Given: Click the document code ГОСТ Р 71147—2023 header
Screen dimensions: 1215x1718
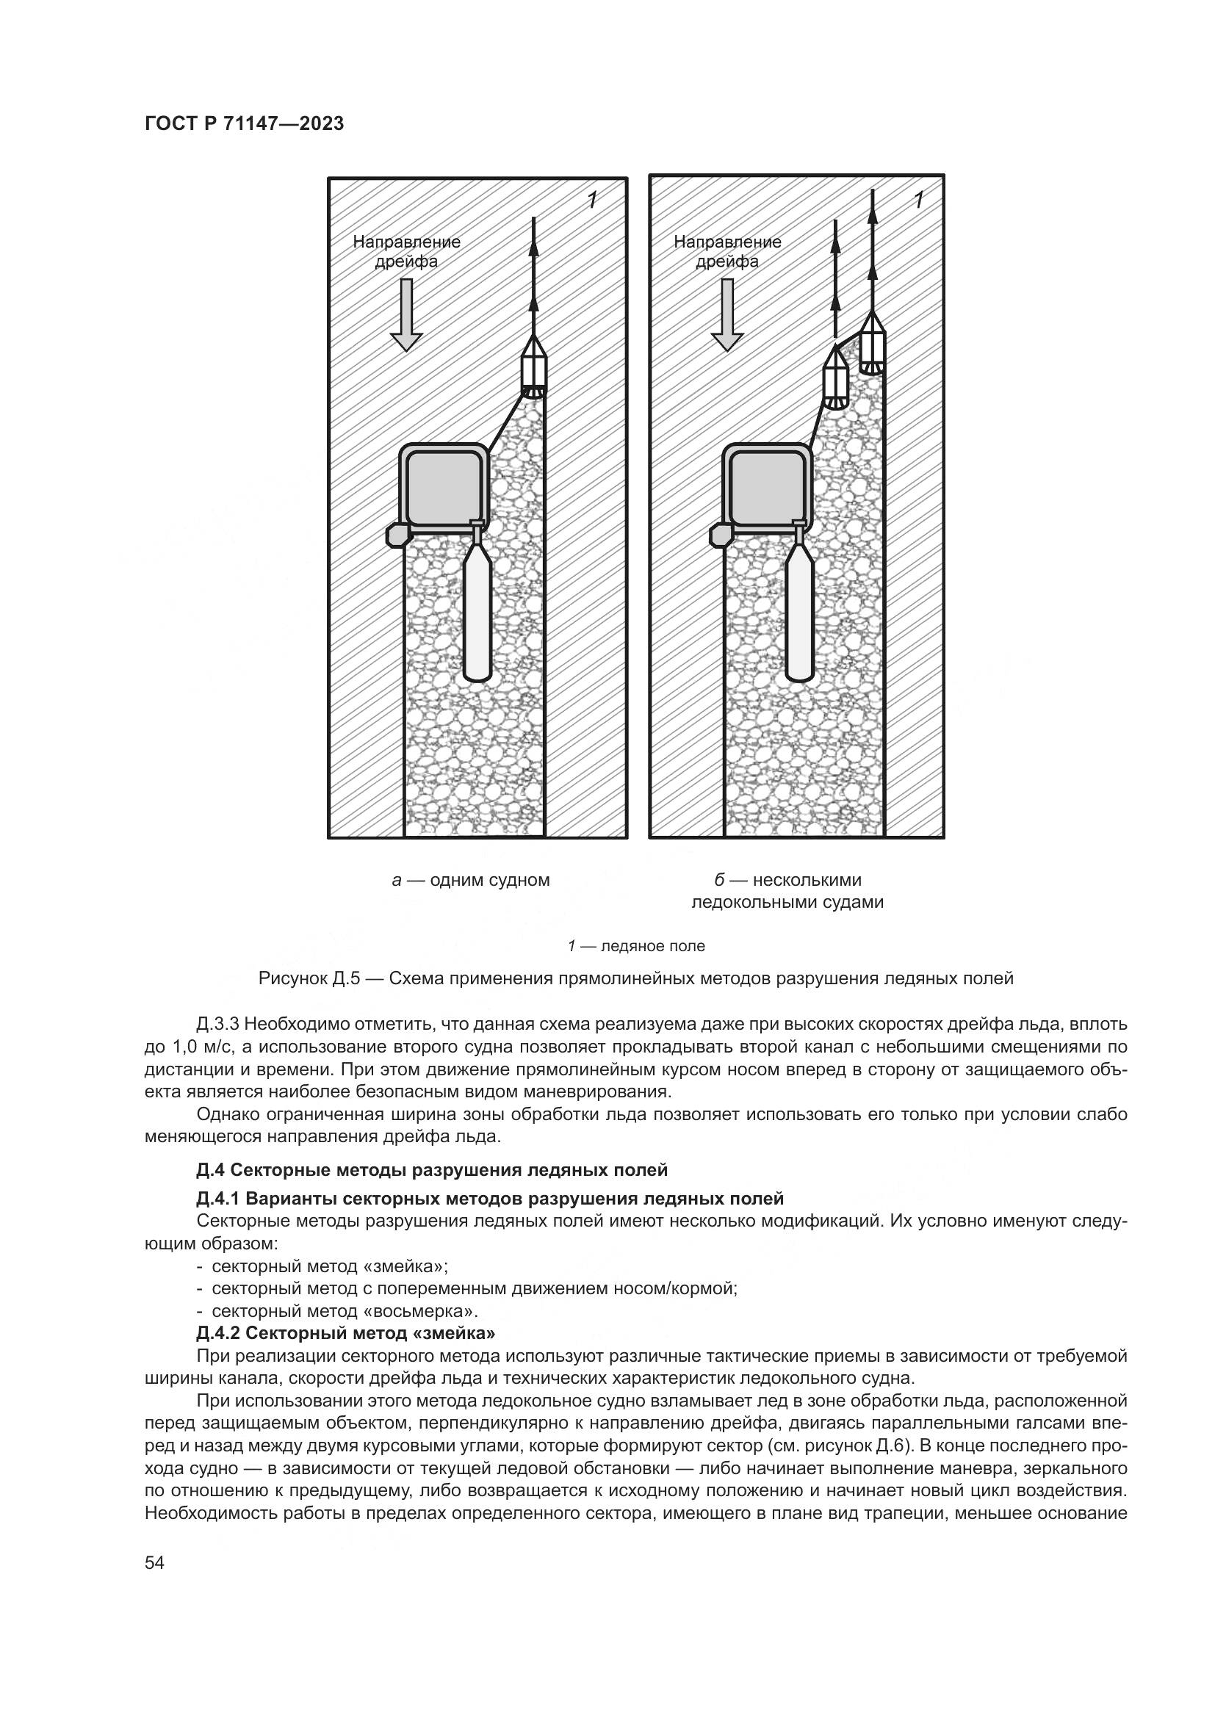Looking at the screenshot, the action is click(244, 123).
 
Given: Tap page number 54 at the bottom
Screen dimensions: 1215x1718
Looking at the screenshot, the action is click(155, 1563).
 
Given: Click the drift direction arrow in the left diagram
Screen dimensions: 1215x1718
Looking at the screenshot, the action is click(406, 315).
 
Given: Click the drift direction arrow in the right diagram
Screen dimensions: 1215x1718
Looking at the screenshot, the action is click(727, 315).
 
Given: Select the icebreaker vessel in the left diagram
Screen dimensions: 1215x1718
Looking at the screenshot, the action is click(533, 366).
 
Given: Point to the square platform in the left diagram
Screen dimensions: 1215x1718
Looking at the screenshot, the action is click(443, 487).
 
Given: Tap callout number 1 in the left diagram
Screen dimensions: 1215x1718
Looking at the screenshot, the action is click(593, 200).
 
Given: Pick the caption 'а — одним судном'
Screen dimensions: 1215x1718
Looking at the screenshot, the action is click(471, 880).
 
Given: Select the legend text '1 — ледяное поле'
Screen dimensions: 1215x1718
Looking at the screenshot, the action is click(636, 946).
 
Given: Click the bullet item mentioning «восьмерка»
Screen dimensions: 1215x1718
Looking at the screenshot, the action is click(337, 1311).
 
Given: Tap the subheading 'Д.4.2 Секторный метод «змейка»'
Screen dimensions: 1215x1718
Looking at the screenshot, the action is click(347, 1332).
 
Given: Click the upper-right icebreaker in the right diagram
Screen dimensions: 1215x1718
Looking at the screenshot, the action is click(872, 342).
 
